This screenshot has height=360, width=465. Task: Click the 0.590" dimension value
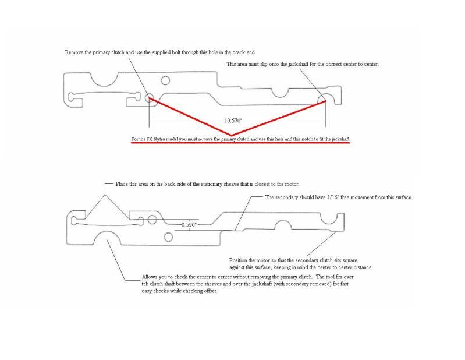point(189,224)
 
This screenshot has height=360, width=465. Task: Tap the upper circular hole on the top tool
point(165,80)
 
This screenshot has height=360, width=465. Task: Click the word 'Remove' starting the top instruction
point(73,52)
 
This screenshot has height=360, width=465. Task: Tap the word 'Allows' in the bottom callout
point(150,277)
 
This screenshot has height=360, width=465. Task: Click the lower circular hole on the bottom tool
point(169,237)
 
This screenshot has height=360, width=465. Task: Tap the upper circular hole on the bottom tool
point(152,220)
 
